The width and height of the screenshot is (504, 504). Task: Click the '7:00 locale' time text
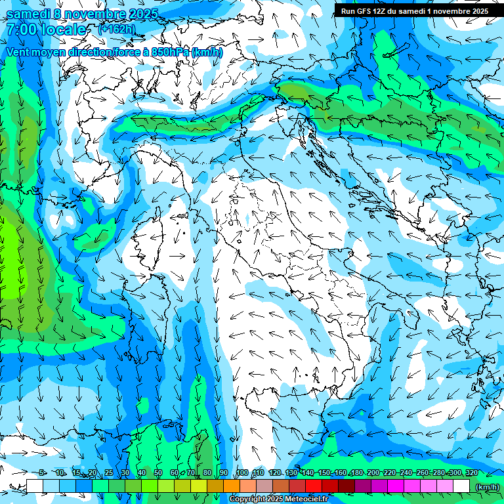point(46,30)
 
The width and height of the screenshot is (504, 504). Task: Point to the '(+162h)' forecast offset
point(117,29)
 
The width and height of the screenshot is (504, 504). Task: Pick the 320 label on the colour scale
point(471,473)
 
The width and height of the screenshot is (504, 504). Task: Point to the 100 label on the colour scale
point(241,473)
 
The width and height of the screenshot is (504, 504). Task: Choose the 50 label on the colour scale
point(158,473)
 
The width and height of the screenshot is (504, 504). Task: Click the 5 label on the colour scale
point(42,473)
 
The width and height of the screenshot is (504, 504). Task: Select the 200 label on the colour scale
point(373,473)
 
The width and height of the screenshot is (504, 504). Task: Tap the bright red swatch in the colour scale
point(314,486)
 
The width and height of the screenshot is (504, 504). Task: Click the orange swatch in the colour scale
point(232,486)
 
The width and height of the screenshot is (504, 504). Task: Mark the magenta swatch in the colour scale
point(396,486)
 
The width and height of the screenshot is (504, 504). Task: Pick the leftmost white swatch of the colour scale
point(35,486)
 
